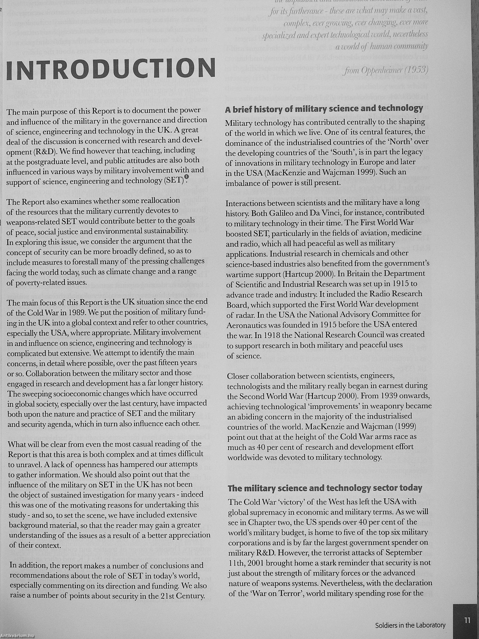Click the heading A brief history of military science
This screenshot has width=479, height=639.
(x=324, y=109)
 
